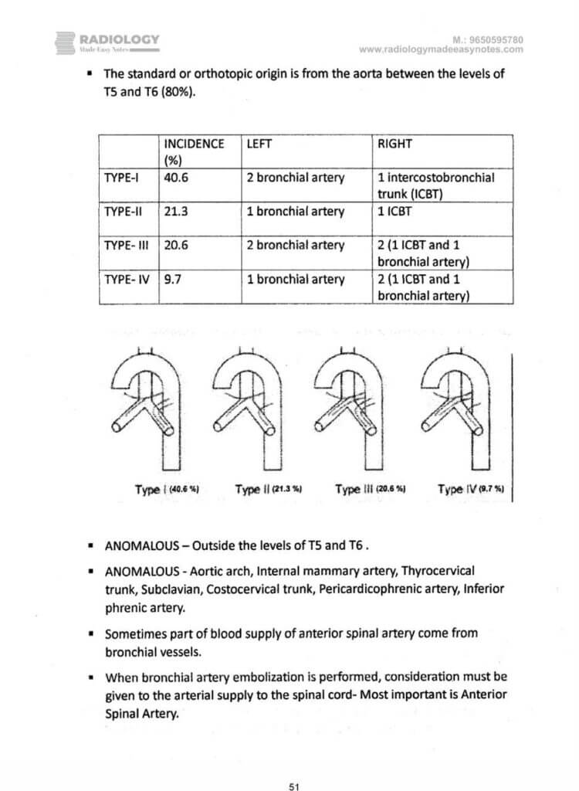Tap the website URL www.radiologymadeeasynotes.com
coord(441,49)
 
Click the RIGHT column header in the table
coord(395,144)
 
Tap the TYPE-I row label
coord(121,178)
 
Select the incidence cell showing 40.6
coord(177,178)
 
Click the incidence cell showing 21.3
coord(177,211)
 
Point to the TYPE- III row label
coord(127,245)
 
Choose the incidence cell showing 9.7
coord(174,280)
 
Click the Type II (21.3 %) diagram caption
coord(268,489)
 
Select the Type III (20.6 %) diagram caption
coord(371,489)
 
